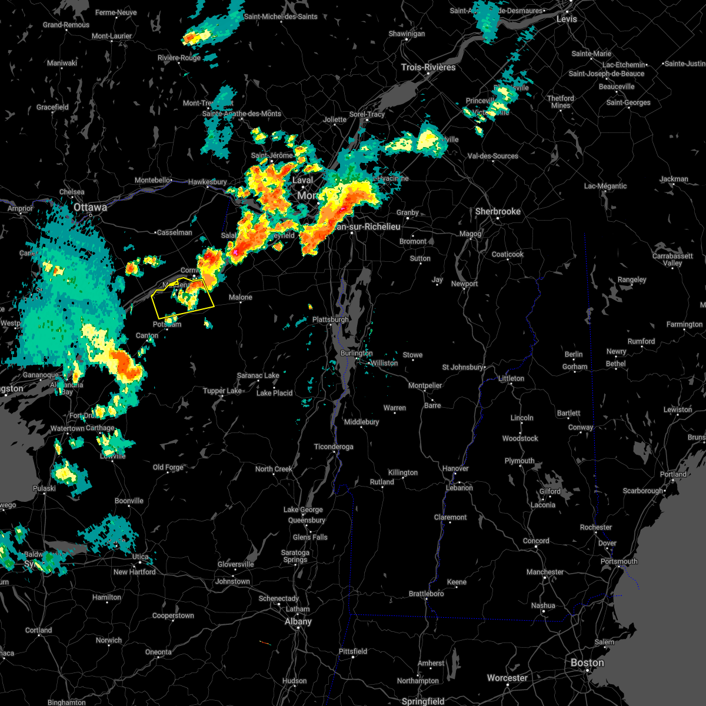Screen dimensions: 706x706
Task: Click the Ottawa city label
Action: [90, 208]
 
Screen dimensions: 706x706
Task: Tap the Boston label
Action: [587, 663]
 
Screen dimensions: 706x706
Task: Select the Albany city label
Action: [298, 622]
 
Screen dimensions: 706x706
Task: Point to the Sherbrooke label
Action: [498, 211]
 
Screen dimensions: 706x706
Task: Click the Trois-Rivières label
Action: [428, 67]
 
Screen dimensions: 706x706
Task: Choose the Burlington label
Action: [356, 353]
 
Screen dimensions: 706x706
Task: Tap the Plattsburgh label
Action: [330, 319]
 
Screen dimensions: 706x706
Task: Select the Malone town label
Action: [240, 298]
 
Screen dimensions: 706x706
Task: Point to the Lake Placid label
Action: [274, 393]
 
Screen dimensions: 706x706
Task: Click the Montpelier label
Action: [425, 386]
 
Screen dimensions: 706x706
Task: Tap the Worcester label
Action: [507, 678]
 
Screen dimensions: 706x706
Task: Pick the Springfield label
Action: [422, 701]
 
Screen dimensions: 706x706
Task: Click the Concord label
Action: [536, 541]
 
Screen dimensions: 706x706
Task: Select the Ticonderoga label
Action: [334, 447]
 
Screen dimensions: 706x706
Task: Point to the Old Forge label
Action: [168, 468]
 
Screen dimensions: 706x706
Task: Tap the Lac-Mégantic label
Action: [605, 186]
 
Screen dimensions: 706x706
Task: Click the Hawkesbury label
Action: [207, 182]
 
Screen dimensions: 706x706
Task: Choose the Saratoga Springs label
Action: [295, 556]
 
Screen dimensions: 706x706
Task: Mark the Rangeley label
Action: [632, 280]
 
